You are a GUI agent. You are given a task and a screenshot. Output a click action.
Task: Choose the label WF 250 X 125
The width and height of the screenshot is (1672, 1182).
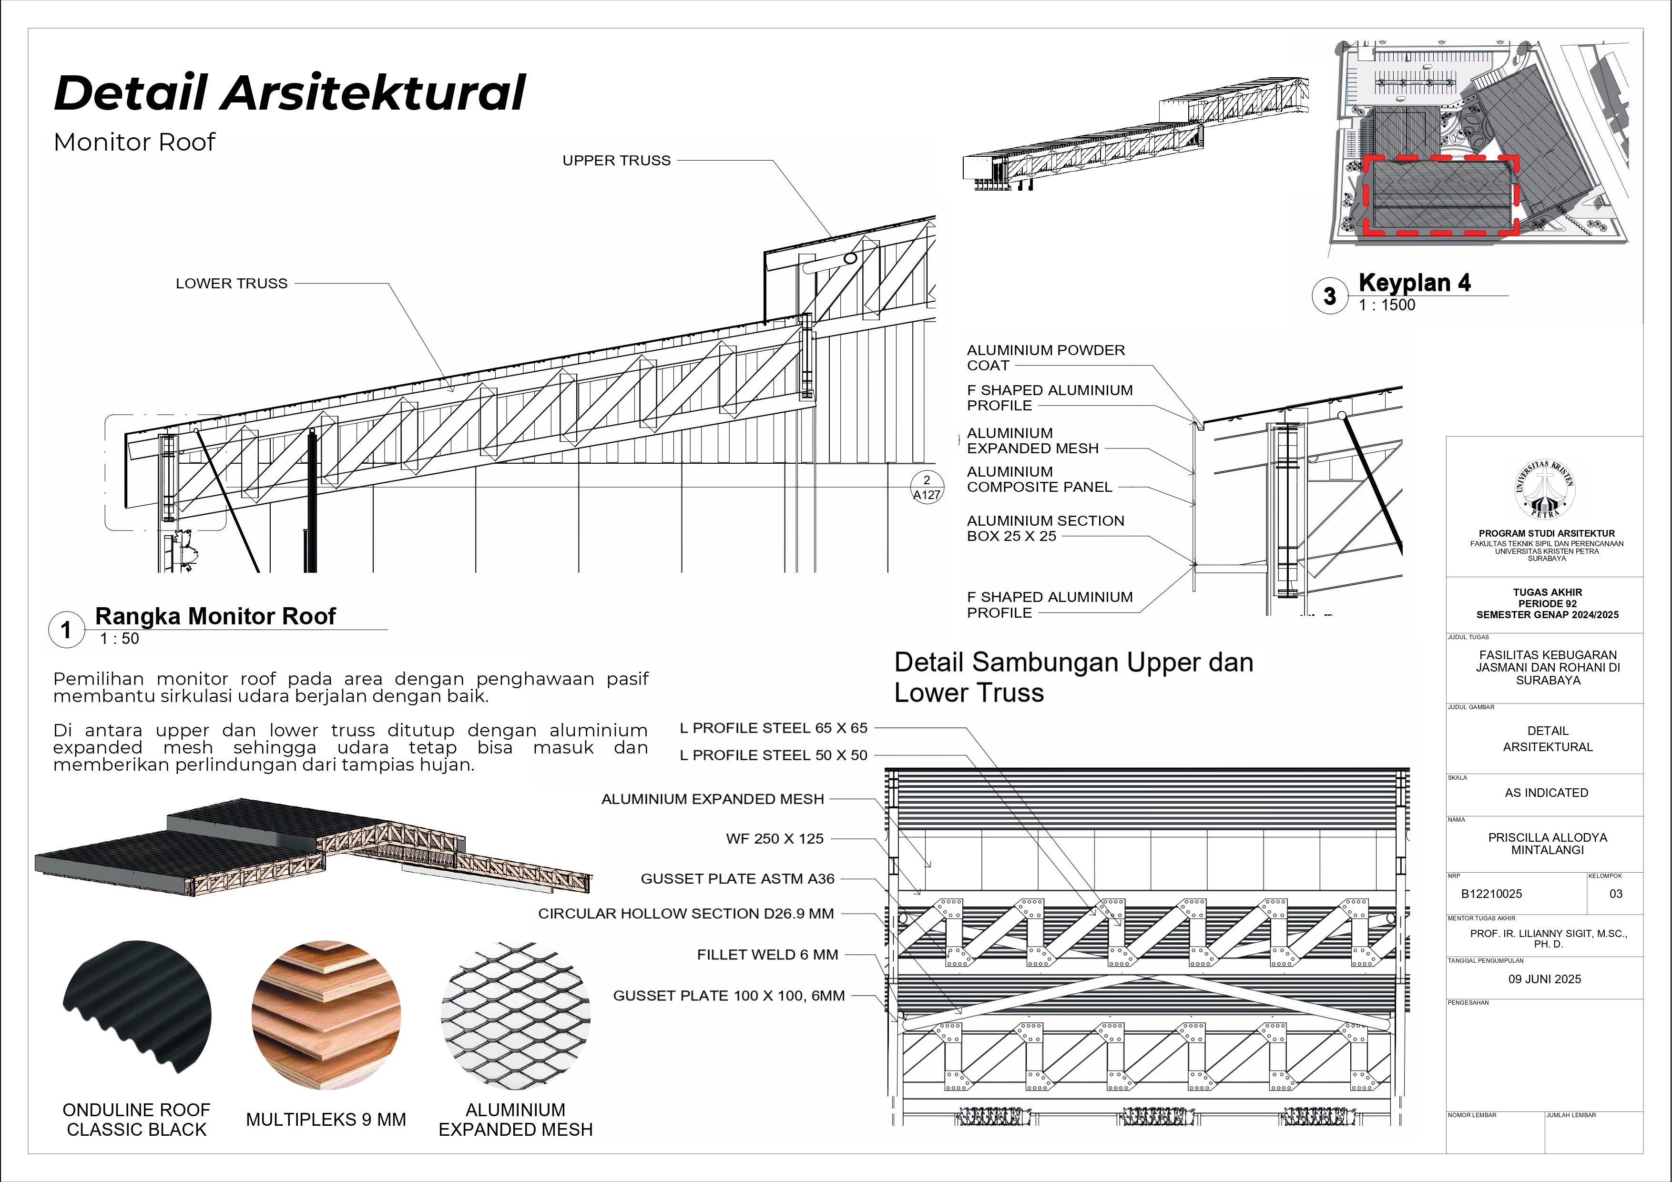click(774, 839)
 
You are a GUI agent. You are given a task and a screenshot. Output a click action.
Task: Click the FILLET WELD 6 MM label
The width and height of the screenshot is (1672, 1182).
click(767, 955)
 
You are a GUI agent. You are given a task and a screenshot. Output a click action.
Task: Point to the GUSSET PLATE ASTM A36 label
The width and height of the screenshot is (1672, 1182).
click(737, 879)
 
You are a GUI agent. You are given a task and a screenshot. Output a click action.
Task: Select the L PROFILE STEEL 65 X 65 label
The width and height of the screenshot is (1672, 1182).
click(774, 728)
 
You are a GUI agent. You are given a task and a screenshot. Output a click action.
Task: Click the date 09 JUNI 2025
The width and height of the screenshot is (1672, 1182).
click(1545, 979)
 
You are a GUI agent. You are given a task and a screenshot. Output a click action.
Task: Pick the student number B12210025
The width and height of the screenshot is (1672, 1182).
click(1491, 894)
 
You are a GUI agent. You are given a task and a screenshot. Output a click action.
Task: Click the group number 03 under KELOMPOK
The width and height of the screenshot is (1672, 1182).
click(1615, 894)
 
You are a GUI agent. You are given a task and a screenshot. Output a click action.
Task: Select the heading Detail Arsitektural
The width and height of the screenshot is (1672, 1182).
click(290, 93)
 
